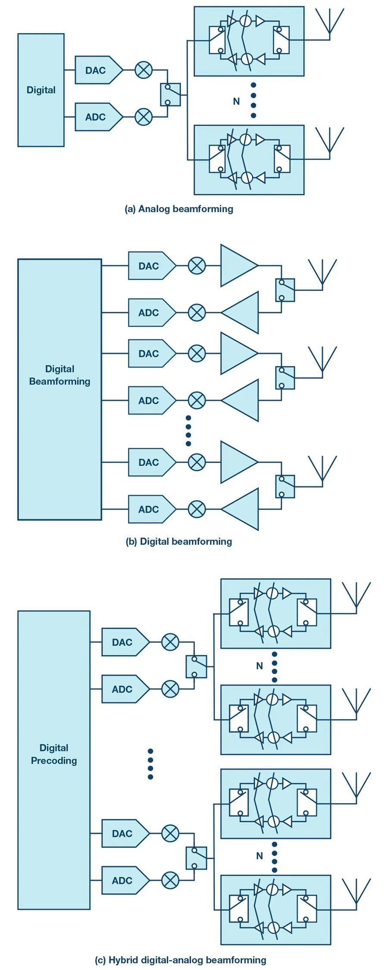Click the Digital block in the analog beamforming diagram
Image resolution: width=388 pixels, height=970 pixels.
click(x=41, y=90)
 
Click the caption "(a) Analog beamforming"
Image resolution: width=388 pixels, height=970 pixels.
click(x=179, y=209)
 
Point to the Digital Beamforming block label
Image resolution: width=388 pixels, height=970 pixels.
click(x=59, y=375)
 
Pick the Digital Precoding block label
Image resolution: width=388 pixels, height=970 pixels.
click(x=54, y=754)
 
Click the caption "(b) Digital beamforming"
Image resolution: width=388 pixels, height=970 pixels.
click(x=179, y=541)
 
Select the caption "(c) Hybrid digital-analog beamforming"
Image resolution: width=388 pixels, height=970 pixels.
click(x=181, y=960)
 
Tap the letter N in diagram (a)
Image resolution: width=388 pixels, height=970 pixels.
click(x=236, y=101)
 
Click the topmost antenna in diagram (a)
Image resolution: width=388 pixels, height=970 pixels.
click(x=329, y=22)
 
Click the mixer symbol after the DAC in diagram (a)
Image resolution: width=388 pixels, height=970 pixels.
click(x=144, y=70)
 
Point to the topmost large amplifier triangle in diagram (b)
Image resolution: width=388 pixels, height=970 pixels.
click(x=237, y=266)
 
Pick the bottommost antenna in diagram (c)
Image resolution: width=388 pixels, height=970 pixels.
click(x=356, y=892)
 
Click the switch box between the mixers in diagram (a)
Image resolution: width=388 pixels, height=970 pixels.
click(x=170, y=94)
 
